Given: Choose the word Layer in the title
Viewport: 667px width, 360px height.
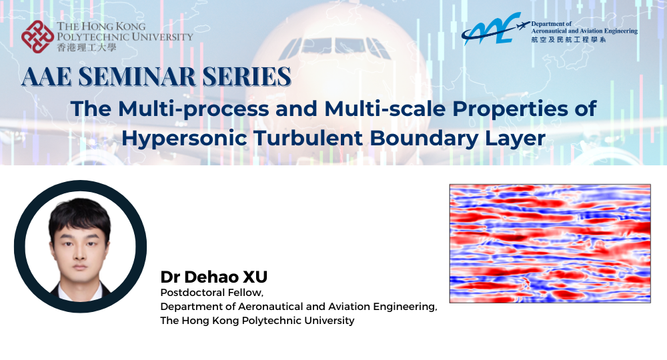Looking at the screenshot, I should click(514, 139).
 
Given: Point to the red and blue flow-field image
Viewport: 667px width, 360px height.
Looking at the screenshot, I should click(550, 244).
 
